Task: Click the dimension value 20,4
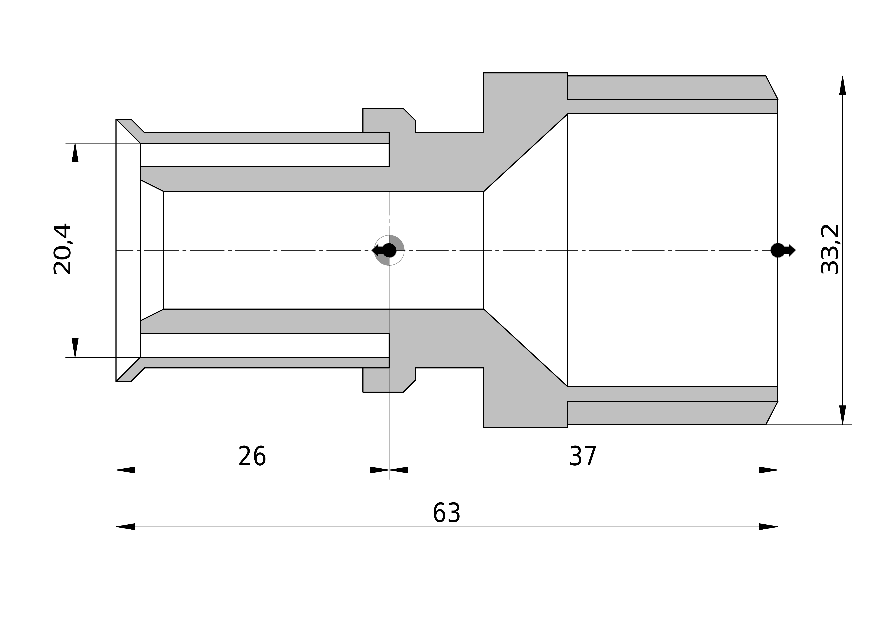click(62, 249)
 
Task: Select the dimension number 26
click(252, 456)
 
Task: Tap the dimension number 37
click(583, 456)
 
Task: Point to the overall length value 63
click(446, 513)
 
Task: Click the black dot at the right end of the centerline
click(778, 250)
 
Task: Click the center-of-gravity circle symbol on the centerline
click(389, 250)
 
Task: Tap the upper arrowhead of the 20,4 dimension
click(75, 153)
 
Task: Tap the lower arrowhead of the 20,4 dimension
click(75, 347)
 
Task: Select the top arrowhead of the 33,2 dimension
click(843, 85)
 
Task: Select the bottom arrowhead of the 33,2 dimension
click(843, 415)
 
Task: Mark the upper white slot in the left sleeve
click(265, 155)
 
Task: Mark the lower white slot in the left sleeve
click(265, 346)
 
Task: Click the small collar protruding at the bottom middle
click(388, 380)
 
